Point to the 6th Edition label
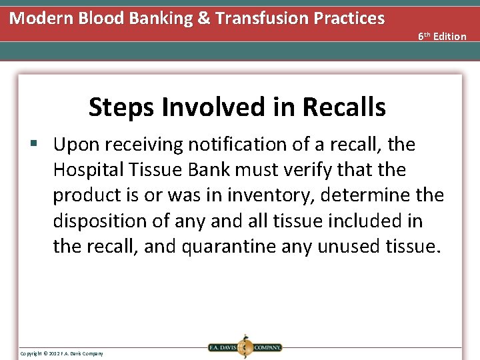click(442, 36)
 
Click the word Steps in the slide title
click(119, 107)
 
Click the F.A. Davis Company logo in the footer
click(245, 347)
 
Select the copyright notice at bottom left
click(61, 353)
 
